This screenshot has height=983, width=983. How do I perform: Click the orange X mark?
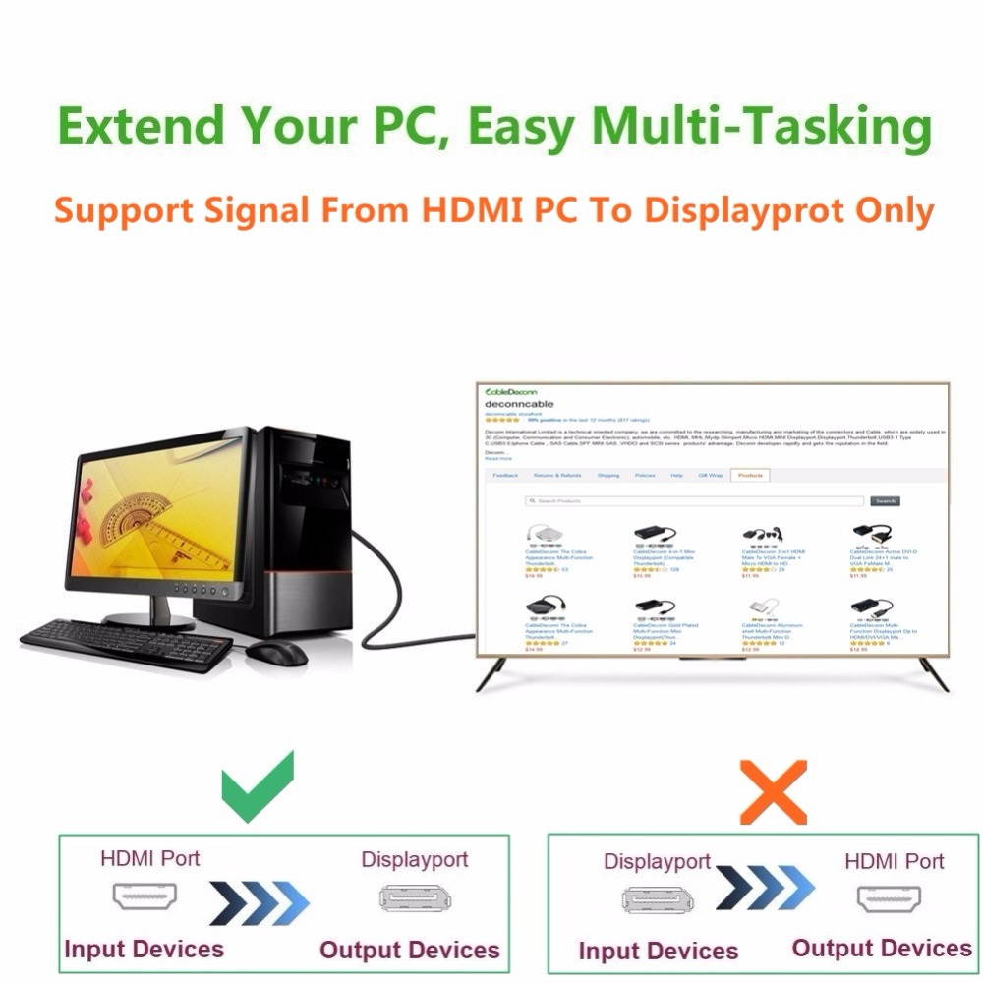[773, 790]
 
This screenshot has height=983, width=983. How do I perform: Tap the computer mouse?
[276, 652]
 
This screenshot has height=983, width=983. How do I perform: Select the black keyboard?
[126, 644]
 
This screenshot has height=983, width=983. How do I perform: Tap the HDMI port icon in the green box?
[145, 897]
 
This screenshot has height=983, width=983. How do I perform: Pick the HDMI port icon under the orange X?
[890, 898]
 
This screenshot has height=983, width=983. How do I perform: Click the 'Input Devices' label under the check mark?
[145, 949]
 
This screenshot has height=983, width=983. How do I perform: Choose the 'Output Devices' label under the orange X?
[882, 948]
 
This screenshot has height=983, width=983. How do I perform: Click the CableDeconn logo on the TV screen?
[511, 392]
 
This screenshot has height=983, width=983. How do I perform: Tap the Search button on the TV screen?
[885, 501]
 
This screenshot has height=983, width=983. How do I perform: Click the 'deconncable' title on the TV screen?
[520, 404]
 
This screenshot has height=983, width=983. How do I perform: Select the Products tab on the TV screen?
[750, 475]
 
